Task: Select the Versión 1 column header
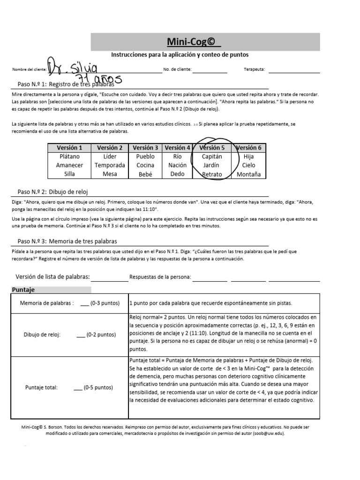pos(69,148)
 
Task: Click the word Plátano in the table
pos(69,157)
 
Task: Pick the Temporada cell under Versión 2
pos(110,165)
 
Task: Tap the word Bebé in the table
pos(145,174)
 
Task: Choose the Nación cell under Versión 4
pos(177,165)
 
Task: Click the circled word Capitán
pos(212,157)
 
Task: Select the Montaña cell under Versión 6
pos(248,174)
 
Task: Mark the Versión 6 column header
pos(248,148)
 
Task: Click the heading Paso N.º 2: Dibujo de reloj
pos(52,192)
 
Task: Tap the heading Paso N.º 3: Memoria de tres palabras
pos(67,241)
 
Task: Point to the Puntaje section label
pos(23,290)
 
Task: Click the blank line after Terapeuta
pos(294,71)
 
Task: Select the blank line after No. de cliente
pos(210,71)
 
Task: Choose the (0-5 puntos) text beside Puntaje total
pos(98,388)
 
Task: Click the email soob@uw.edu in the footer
pos(268,434)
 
